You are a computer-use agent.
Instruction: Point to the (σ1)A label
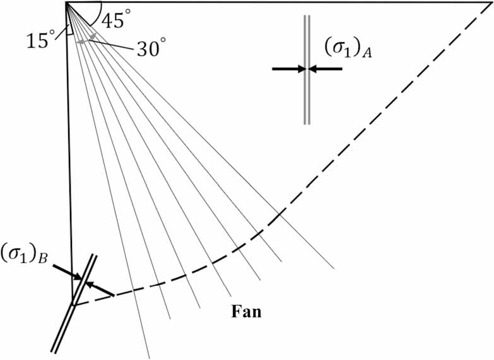[348, 49]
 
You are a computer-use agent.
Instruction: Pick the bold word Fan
[247, 311]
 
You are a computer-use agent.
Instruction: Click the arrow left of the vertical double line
[289, 68]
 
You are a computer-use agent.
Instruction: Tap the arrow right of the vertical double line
[325, 68]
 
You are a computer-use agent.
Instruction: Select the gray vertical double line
[307, 69]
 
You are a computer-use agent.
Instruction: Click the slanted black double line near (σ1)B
[74, 303]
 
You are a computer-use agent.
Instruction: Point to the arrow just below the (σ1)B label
[67, 272]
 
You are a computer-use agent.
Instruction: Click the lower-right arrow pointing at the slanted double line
[100, 289]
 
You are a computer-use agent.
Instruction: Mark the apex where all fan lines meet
[66, 3]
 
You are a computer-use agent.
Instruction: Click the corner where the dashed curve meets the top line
[490, 3]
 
